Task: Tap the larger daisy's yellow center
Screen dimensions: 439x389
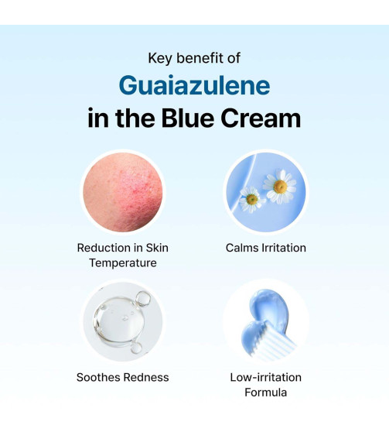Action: (279, 187)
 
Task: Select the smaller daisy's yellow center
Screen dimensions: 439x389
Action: (251, 200)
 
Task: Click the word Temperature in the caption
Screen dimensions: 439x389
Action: (122, 263)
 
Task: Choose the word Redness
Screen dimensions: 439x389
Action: (148, 377)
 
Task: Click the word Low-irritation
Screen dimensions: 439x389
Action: (265, 377)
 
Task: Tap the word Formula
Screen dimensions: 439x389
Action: (265, 393)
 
